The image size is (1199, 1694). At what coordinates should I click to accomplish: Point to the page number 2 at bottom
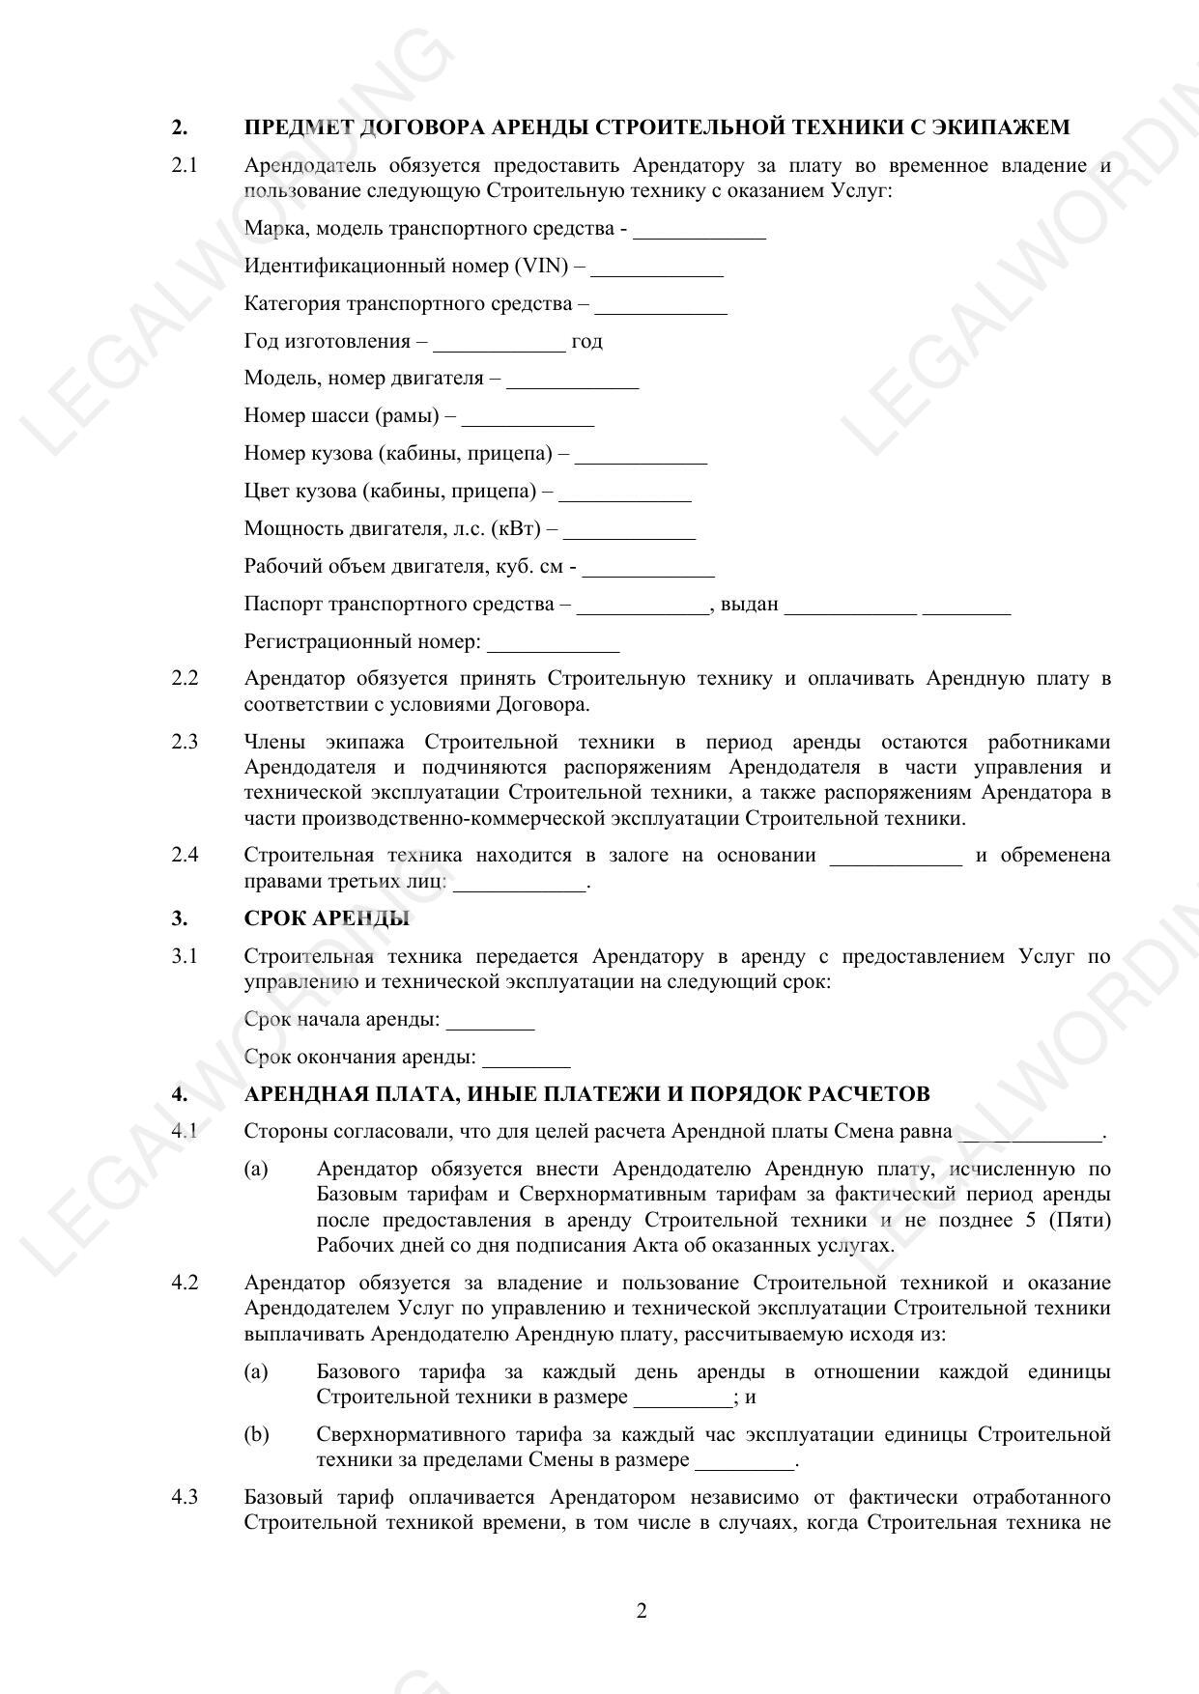[x=642, y=1611]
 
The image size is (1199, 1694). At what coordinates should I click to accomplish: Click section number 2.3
[x=185, y=742]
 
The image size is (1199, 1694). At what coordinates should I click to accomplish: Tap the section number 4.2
[x=185, y=1283]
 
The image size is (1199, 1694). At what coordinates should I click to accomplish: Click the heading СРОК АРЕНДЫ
[x=327, y=918]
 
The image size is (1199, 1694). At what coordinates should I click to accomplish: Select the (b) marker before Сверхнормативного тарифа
[x=256, y=1434]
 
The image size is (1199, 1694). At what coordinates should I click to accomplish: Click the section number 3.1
[x=185, y=956]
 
